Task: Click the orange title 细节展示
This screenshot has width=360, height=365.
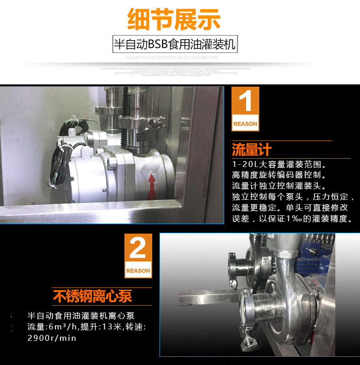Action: (174, 20)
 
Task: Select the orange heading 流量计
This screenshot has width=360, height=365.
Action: (252, 150)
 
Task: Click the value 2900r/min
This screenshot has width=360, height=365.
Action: (52, 338)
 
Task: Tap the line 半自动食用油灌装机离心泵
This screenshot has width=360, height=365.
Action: (81, 316)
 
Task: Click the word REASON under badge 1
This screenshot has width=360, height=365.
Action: (245, 124)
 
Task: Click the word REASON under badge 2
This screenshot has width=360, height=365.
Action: (138, 271)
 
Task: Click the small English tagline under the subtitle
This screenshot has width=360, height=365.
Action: (172, 57)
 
